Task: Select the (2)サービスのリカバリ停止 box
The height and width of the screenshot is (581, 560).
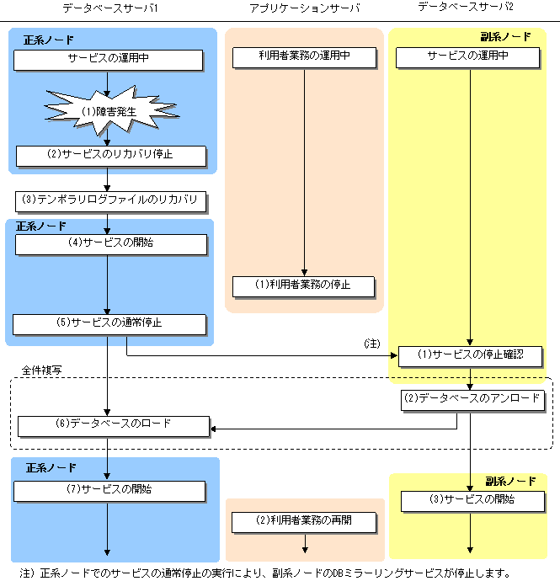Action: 109,156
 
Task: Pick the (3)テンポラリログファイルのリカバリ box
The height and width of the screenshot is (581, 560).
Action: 109,200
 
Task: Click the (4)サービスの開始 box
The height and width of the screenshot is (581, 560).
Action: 109,244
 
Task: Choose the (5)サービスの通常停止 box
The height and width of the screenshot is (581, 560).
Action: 109,323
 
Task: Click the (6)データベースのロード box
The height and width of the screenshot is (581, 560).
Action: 113,425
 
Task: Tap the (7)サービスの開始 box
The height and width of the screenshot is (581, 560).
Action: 109,490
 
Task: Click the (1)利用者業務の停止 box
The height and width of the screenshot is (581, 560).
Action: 303,285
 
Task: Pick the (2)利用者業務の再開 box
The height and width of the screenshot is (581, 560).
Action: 303,522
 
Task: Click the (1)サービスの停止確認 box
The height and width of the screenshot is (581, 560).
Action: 471,355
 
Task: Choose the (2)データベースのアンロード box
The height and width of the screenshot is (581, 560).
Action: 471,399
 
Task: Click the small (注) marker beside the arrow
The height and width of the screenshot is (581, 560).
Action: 371,344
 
